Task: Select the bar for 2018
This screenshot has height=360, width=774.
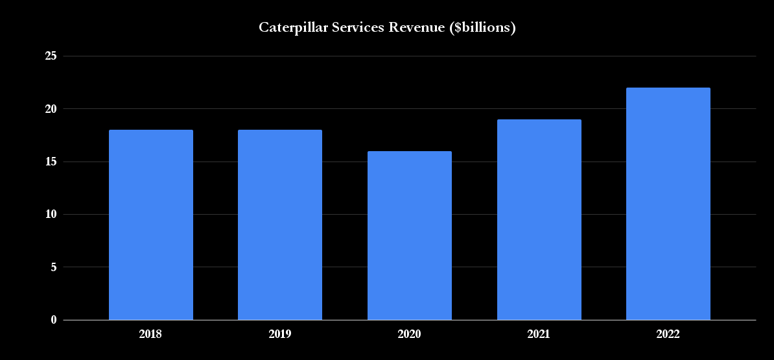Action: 151,224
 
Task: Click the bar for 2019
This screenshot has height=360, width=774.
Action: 280,224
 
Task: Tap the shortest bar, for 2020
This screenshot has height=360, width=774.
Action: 410,235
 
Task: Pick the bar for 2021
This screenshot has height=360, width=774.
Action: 539,219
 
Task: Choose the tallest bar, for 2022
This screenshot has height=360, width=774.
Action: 668,204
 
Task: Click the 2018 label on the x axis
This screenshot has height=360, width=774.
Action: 151,335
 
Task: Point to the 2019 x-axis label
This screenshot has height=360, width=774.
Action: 280,335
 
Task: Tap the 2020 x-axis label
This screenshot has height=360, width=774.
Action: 410,335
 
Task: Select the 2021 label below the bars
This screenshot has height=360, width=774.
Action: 539,335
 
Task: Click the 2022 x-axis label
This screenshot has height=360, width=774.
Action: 668,335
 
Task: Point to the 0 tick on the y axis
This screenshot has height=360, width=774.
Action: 53,320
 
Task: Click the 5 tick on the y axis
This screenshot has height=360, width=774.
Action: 53,267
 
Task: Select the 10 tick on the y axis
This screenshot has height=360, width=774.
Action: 51,214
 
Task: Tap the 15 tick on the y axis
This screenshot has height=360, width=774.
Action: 51,162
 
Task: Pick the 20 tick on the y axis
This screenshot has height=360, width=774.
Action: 51,109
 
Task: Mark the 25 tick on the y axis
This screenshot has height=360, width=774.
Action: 51,56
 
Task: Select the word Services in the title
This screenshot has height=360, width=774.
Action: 350,27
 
